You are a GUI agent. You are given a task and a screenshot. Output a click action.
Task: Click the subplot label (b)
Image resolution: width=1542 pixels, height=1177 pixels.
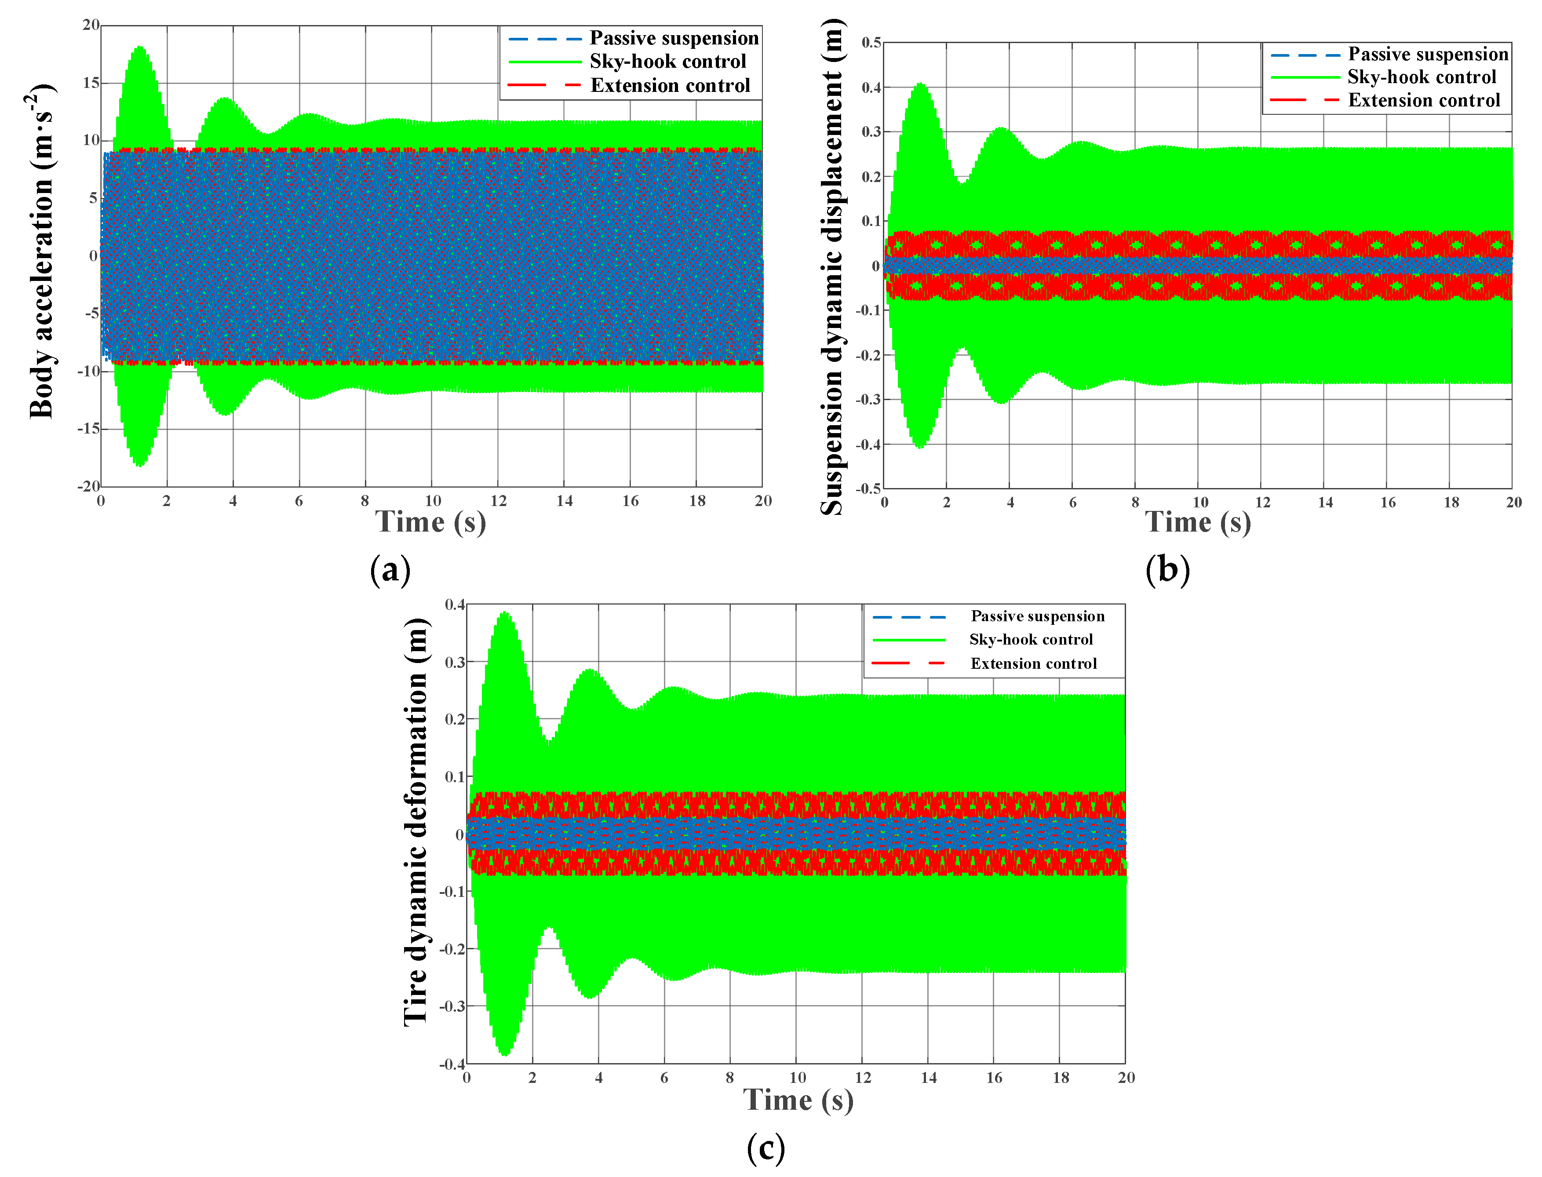click(1167, 569)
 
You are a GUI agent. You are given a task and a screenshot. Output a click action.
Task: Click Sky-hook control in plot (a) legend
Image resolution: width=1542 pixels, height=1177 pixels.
click(667, 62)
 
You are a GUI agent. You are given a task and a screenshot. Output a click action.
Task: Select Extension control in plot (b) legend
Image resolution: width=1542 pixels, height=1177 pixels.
click(1424, 100)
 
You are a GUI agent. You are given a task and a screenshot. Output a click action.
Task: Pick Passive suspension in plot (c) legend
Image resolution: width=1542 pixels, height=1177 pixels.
click(1037, 616)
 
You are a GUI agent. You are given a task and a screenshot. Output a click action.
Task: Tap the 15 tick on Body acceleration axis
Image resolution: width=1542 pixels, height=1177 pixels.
click(91, 83)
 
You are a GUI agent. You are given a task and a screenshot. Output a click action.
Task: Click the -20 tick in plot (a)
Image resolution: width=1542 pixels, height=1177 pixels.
click(89, 486)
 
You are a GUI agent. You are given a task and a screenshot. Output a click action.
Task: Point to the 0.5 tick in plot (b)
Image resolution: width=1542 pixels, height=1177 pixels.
click(871, 43)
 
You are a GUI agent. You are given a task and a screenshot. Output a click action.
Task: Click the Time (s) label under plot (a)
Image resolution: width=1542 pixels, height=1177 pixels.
click(430, 522)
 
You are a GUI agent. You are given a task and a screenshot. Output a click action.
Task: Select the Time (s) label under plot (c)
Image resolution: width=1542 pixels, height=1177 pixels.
click(798, 1100)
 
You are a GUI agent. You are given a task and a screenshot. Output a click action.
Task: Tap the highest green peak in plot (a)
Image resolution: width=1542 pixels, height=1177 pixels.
click(140, 47)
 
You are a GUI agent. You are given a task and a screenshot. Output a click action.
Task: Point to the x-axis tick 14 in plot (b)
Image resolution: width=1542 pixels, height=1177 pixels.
click(1325, 503)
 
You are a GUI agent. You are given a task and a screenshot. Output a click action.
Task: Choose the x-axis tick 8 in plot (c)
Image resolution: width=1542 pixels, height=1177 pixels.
click(729, 1078)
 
